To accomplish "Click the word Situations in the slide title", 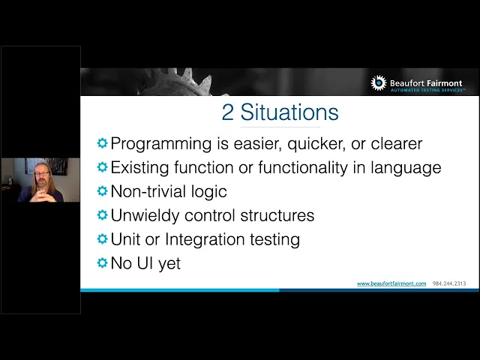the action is point(289,112).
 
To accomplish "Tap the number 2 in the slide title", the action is point(227,112).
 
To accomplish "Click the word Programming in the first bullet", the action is point(161,144).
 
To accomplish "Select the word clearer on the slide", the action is point(397,143).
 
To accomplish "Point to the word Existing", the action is point(139,168).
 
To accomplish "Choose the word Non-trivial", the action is point(148,191).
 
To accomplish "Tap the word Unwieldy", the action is point(145,215).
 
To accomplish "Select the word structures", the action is point(277,215).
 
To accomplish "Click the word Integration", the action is point(205,239).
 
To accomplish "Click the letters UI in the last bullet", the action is point(145,263).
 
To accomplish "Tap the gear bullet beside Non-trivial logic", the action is point(102,191).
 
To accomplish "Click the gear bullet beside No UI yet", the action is point(102,262).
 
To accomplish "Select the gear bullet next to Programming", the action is point(102,143).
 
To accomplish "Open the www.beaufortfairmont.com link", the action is point(391,283).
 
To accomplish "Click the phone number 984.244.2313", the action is point(449,283).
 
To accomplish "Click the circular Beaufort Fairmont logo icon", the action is point(379,83).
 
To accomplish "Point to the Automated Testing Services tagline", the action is point(427,90).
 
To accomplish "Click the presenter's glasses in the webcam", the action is point(42,173).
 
